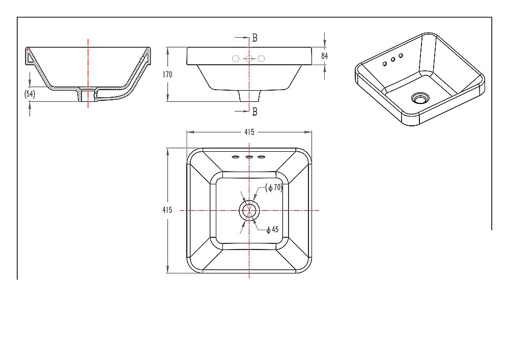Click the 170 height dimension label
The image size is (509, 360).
point(167,74)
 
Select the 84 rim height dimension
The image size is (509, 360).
point(324,56)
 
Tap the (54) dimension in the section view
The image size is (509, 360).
point(30,94)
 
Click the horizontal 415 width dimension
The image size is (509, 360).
point(249,132)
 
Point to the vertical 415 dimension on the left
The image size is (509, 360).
point(167,210)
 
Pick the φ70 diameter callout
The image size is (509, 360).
point(274,187)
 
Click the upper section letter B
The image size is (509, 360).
point(254,38)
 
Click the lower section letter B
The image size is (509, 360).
point(254,112)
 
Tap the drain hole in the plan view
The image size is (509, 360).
point(249,210)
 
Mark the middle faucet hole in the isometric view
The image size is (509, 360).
point(393,60)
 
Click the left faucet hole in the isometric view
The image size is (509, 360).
point(385,64)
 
